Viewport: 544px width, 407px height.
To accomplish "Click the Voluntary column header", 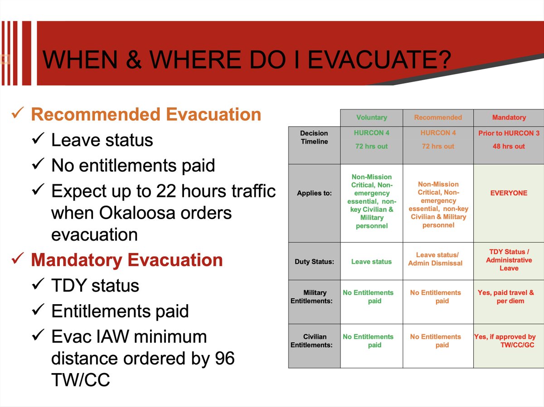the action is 371,118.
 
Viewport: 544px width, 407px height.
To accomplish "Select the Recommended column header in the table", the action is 438,117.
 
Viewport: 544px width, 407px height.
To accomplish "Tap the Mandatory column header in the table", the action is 509,117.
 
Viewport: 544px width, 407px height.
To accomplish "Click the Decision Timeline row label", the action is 314,137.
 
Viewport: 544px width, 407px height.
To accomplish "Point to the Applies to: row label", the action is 314,193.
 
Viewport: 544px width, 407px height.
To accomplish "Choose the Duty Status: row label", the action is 314,262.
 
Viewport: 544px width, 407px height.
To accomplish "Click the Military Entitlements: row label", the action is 311,297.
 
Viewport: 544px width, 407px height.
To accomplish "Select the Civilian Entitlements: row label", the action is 311,341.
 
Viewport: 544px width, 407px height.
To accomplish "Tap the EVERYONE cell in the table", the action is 509,193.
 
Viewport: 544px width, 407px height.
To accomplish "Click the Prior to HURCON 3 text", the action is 509,133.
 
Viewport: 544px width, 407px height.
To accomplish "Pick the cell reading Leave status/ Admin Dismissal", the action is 436,259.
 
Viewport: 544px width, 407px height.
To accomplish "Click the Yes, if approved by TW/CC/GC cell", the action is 505,341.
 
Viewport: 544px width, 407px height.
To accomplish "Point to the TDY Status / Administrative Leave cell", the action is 509,260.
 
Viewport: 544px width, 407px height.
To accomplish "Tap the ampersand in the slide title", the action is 134,59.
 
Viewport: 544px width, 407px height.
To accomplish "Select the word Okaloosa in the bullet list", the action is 137,213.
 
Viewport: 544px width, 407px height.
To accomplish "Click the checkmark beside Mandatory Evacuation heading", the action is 18,259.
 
